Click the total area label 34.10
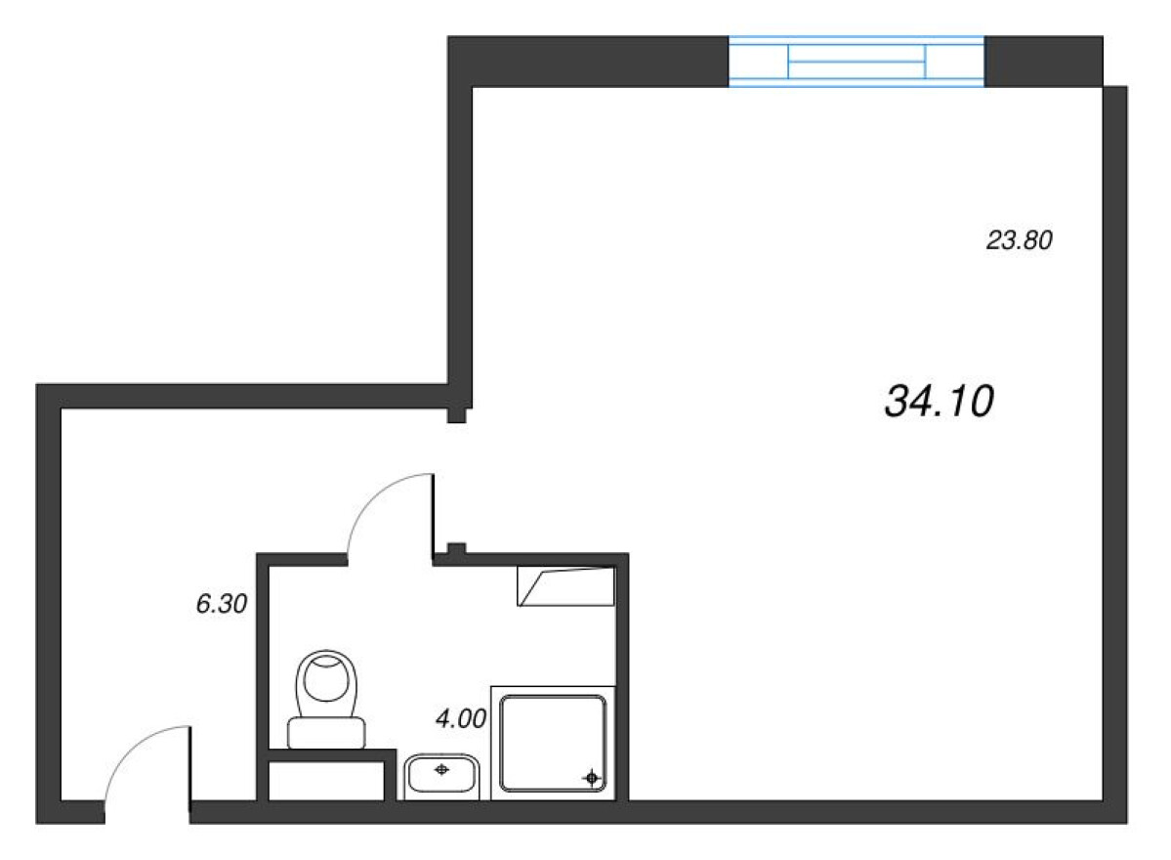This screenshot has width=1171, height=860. click(x=939, y=401)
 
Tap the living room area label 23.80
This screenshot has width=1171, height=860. click(x=1020, y=239)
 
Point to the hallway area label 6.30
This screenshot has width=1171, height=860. click(x=221, y=603)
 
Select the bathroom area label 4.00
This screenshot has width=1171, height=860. click(x=461, y=718)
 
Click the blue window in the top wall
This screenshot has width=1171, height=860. click(x=856, y=62)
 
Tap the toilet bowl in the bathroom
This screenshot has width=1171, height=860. click(x=326, y=684)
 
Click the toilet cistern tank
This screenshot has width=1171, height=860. click(x=326, y=732)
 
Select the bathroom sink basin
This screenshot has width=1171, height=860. click(x=441, y=774)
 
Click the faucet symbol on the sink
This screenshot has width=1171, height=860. click(x=441, y=769)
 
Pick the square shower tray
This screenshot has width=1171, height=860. click(x=553, y=743)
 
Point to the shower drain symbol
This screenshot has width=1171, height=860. click(x=592, y=778)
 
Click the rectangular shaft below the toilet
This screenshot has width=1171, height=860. click(x=326, y=781)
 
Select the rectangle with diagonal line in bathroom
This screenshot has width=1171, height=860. click(x=566, y=585)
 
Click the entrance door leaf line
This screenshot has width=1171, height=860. click(x=189, y=763)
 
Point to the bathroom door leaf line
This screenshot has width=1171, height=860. click(x=433, y=514)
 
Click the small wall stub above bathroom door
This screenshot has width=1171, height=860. click(x=457, y=548)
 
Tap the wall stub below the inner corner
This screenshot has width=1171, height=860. click(x=457, y=415)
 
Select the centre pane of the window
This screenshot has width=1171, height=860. click(x=857, y=62)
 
